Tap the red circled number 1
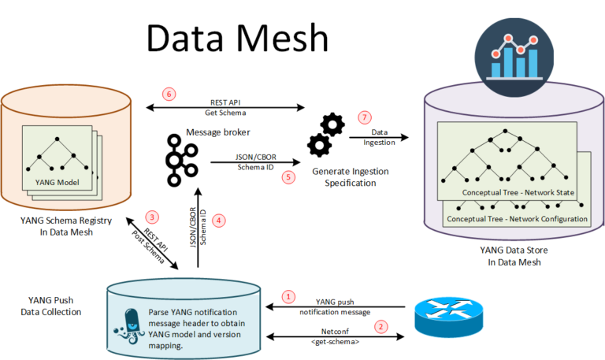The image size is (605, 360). [x=289, y=297]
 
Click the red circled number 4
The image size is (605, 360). [x=219, y=221]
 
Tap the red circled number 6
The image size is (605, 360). [x=167, y=94]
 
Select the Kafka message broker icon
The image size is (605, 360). [x=181, y=161]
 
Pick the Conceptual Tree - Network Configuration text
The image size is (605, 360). [x=517, y=218]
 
